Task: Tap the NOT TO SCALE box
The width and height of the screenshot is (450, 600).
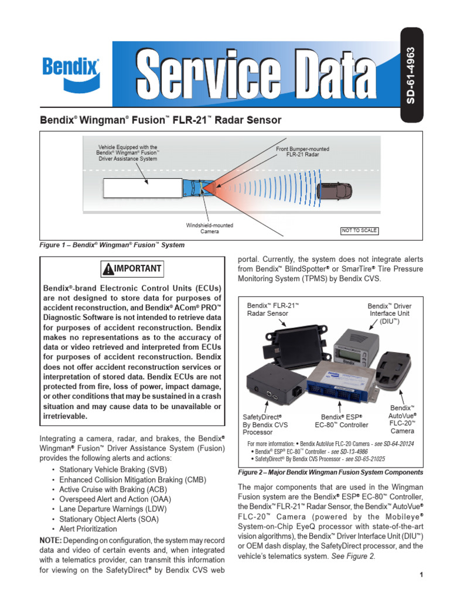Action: [x=359, y=230]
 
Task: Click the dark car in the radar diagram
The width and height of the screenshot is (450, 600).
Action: [x=335, y=190]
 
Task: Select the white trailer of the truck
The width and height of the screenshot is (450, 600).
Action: [x=142, y=189]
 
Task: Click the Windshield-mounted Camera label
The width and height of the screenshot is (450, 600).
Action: [x=209, y=229]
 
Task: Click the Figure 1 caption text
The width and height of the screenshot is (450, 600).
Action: [x=112, y=245]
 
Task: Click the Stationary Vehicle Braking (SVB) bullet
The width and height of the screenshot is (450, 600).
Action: [x=113, y=470]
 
